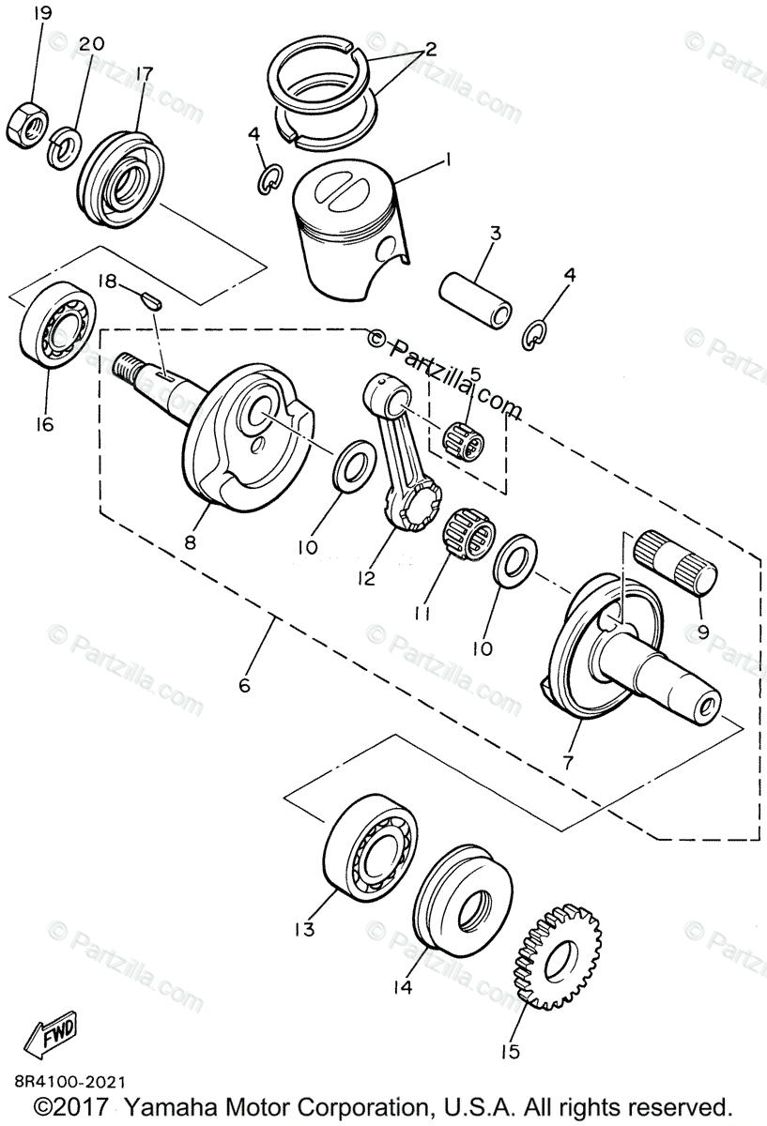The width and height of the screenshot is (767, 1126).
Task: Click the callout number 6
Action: coord(245,686)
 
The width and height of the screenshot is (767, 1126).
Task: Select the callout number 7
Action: coord(568,763)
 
